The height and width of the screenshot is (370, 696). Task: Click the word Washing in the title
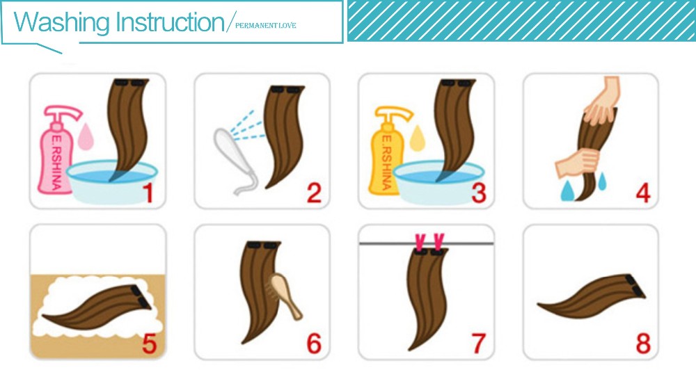(62, 22)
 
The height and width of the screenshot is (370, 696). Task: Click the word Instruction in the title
(171, 22)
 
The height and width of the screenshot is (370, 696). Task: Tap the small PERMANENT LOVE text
(265, 25)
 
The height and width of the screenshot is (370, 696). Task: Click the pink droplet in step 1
(86, 136)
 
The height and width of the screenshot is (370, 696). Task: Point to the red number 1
(148, 193)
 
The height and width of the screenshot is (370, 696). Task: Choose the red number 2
(314, 193)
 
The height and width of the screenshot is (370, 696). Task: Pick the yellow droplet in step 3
(417, 138)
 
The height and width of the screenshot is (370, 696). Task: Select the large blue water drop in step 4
(567, 191)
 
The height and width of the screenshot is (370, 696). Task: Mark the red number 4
(643, 193)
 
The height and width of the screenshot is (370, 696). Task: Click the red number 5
(149, 344)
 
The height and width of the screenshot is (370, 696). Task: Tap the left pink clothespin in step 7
(420, 242)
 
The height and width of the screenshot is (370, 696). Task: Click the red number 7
(479, 344)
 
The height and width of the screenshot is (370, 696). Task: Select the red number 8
(643, 344)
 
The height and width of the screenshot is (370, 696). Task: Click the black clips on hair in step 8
(635, 286)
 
